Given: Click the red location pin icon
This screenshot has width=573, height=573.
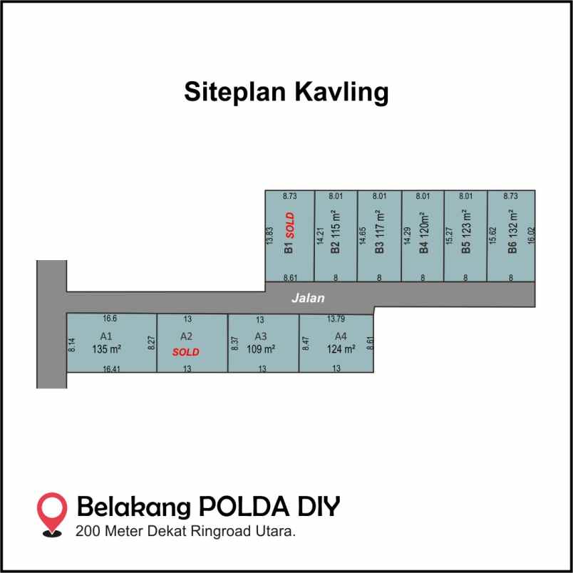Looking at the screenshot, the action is click(x=52, y=512).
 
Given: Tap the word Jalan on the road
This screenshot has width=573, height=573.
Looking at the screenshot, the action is click(x=308, y=298).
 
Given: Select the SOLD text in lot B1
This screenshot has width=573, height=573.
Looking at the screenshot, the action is click(x=290, y=225).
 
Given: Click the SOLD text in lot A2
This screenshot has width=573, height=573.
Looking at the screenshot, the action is click(x=186, y=352).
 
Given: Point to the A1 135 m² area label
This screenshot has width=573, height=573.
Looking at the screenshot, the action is click(x=106, y=343).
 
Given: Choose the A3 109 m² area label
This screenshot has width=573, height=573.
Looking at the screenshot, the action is click(x=261, y=343).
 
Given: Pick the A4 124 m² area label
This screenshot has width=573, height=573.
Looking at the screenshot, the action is click(x=341, y=343).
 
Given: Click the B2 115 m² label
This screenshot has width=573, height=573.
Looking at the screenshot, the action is click(x=335, y=232).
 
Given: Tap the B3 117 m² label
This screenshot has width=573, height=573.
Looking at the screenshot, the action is click(x=380, y=232).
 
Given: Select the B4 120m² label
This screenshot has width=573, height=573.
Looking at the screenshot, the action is click(x=423, y=232).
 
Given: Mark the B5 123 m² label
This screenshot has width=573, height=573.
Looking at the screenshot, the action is click(x=466, y=232).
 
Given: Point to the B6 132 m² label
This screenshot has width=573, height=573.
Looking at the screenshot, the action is click(x=512, y=232).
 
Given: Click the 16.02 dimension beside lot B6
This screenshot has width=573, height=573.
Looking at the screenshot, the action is click(x=532, y=235).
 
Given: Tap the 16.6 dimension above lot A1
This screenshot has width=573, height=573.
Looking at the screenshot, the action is click(x=110, y=319).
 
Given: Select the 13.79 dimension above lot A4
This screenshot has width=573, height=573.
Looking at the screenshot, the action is click(x=336, y=319).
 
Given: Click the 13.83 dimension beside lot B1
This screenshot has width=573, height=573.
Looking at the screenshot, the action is click(x=269, y=236).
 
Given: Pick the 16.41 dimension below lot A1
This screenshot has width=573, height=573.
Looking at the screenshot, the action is click(x=111, y=369).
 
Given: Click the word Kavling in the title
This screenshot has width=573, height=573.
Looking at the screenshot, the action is click(x=341, y=93).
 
